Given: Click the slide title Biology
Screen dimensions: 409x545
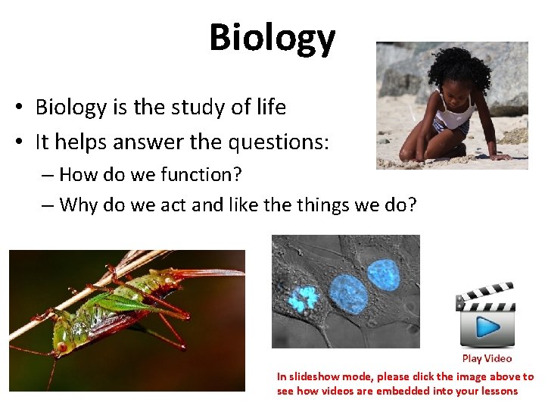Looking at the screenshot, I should pyautogui.click(x=272, y=38).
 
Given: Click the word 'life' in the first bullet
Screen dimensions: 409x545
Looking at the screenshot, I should pyautogui.click(x=267, y=108).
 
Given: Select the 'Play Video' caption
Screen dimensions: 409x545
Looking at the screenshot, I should pyautogui.click(x=487, y=359).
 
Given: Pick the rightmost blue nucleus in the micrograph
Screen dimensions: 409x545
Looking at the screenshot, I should pyautogui.click(x=383, y=274).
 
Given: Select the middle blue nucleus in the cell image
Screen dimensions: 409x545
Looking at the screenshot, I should pyautogui.click(x=347, y=290).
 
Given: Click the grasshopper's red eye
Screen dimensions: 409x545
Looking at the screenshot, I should pyautogui.click(x=61, y=347).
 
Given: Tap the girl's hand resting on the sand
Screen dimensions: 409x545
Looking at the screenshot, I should pyautogui.click(x=500, y=156).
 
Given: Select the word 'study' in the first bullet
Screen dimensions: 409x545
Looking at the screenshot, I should pyautogui.click(x=196, y=108).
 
